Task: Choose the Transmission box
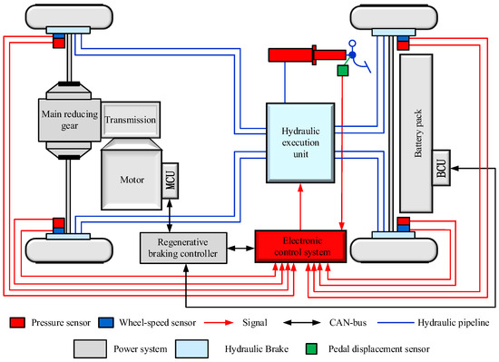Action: [x=132, y=120]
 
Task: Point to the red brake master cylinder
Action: [x=290, y=55]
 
